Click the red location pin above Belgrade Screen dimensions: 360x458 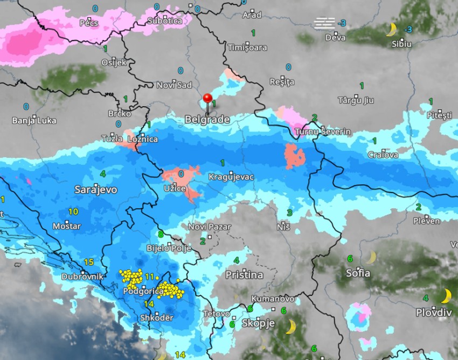pos(207,100)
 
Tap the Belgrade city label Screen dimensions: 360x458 pos(207,120)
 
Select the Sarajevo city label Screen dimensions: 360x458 pos(96,190)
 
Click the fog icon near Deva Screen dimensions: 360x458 pos(324,23)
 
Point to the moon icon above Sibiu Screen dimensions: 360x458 pos(391,30)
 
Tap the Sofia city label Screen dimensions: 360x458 pos(358,273)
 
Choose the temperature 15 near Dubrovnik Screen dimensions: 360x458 pos(88,262)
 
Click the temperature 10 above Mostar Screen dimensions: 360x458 pos(73,212)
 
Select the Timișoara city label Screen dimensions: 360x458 pos(247,47)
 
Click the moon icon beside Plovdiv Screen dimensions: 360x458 pos(446,296)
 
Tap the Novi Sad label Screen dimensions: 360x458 pos(174,85)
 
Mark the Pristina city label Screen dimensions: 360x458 pos(244,275)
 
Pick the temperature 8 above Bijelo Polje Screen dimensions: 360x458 pos(160,234)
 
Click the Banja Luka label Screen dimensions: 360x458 pos(34,120)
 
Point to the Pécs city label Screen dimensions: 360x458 pos(89,23)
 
